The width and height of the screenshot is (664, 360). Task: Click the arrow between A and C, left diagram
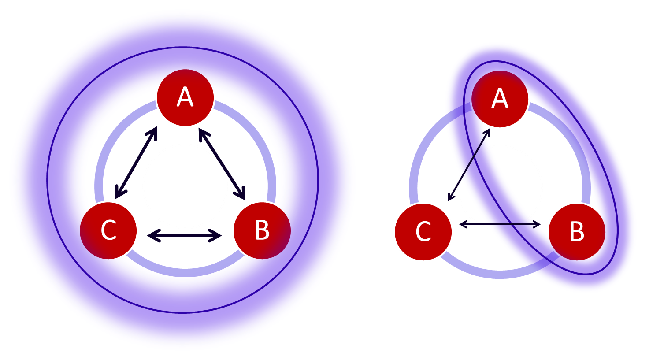(x=136, y=163)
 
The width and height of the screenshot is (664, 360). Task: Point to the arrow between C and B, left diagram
(x=185, y=236)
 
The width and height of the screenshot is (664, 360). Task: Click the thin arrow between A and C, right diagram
(x=469, y=165)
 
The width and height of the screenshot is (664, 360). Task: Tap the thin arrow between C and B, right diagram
(x=500, y=225)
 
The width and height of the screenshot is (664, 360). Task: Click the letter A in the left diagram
(x=185, y=97)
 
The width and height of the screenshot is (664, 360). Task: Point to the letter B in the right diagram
(x=577, y=232)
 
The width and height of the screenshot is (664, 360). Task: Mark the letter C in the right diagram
(x=423, y=232)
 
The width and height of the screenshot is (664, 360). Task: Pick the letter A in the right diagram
(x=500, y=99)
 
